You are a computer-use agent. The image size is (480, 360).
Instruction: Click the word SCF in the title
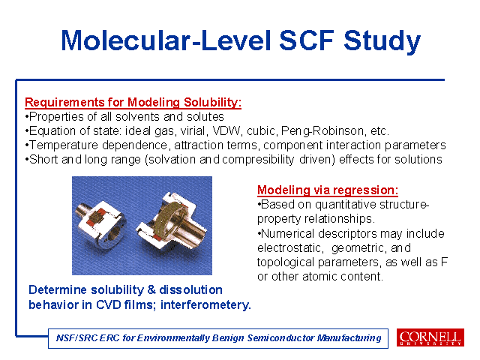coord(307,40)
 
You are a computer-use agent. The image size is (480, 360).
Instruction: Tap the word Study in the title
coord(382,41)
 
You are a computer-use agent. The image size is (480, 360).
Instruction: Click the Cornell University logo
coord(430,337)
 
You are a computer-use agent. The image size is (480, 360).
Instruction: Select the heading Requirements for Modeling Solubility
coord(133,102)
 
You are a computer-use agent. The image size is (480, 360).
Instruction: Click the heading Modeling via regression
coord(328,190)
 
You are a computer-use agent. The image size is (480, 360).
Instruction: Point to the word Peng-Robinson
coord(322,131)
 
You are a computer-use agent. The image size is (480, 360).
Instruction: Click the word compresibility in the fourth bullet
coord(258,160)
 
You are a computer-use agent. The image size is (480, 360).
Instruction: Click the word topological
coord(286,262)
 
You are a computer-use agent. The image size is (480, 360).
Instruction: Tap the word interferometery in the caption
coord(205,305)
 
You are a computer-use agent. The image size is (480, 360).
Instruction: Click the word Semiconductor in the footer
coord(280,338)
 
